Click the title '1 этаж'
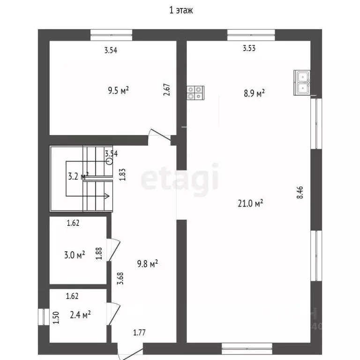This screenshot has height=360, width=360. [x=180, y=10]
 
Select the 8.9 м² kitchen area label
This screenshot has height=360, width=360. [x=254, y=93]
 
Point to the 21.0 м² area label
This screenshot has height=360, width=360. [x=251, y=203]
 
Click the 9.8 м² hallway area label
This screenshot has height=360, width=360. [x=146, y=264]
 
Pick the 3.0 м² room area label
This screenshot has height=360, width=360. [x=74, y=255]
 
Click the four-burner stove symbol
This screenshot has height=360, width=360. [x=195, y=92]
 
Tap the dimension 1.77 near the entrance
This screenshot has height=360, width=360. [x=139, y=333]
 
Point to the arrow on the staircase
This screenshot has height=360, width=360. [x=106, y=196]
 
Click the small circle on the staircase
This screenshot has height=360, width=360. [x=109, y=161]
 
